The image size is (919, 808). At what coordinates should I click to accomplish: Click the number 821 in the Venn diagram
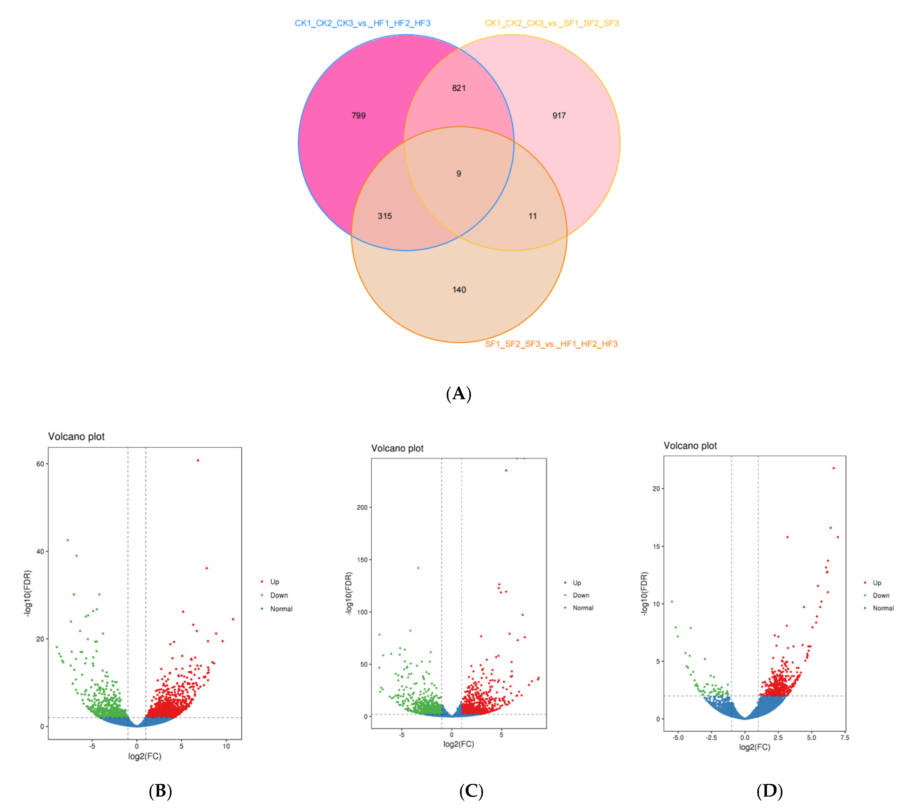(459, 88)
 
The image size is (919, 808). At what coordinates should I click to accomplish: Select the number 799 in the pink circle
(358, 116)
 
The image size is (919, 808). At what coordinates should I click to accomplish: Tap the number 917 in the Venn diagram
(559, 116)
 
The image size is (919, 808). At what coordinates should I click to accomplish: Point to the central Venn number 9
(459, 174)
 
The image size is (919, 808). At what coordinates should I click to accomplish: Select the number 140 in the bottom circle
(459, 290)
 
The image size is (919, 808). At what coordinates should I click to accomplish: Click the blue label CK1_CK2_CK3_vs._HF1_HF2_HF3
(362, 23)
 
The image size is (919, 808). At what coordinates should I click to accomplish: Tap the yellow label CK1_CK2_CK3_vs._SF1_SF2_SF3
(551, 23)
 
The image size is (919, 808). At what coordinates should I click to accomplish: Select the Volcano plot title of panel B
(76, 437)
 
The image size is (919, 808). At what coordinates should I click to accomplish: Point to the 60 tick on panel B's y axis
(40, 464)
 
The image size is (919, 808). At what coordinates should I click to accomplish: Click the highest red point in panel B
(198, 460)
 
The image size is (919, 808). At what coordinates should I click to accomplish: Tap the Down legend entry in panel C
(580, 595)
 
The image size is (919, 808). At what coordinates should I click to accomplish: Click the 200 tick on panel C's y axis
(362, 508)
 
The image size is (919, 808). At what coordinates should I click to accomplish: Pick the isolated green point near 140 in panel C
(418, 568)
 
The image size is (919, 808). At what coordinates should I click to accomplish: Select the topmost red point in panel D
(834, 468)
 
